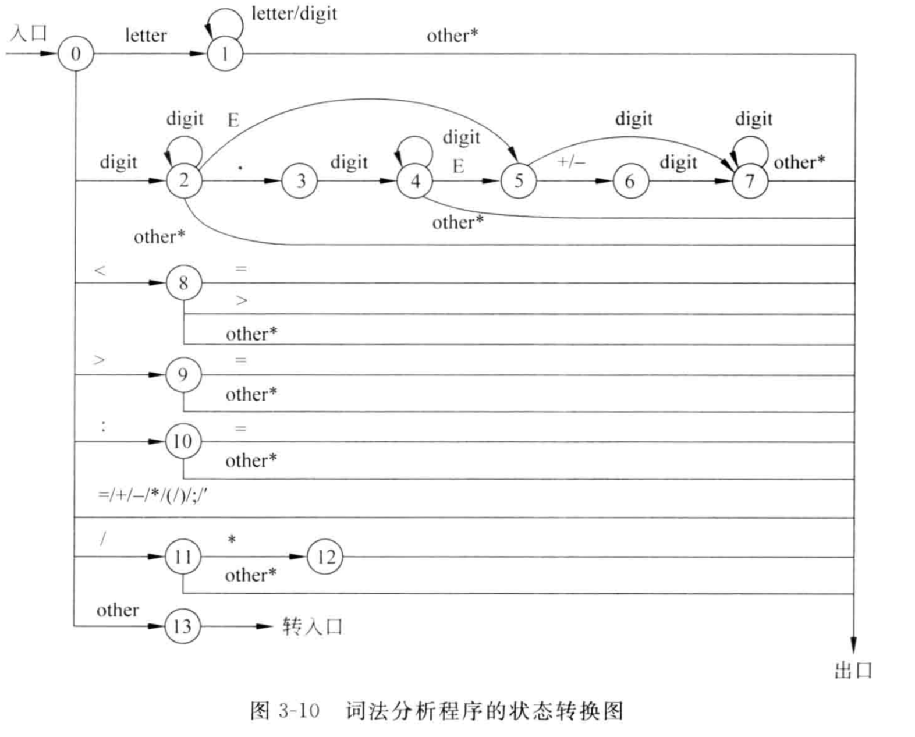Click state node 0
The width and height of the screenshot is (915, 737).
pyautogui.click(x=76, y=54)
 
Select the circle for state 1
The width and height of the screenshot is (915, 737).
pyautogui.click(x=225, y=54)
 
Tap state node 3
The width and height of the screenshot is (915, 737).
pyautogui.click(x=300, y=180)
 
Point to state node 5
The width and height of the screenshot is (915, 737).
pyautogui.click(x=518, y=180)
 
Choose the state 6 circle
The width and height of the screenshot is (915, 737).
pyautogui.click(x=630, y=181)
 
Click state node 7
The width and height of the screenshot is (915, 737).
pyautogui.click(x=750, y=180)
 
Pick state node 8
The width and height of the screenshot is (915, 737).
pyautogui.click(x=183, y=283)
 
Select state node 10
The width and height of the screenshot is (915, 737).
pyautogui.click(x=183, y=441)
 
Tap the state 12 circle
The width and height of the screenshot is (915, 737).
pyautogui.click(x=325, y=557)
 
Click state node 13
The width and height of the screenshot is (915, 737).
pyautogui.click(x=182, y=626)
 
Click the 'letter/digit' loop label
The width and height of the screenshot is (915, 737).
pyautogui.click(x=294, y=13)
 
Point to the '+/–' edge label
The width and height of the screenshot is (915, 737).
pyautogui.click(x=571, y=162)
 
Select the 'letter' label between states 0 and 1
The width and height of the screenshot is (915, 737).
pyautogui.click(x=146, y=36)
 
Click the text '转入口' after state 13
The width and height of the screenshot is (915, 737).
pyautogui.click(x=313, y=626)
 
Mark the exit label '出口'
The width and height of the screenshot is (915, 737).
pyautogui.click(x=853, y=671)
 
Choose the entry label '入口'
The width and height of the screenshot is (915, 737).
pyautogui.click(x=28, y=32)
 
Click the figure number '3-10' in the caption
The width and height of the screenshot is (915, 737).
pyautogui.click(x=299, y=711)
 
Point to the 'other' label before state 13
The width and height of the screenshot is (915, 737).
pyautogui.click(x=118, y=610)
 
